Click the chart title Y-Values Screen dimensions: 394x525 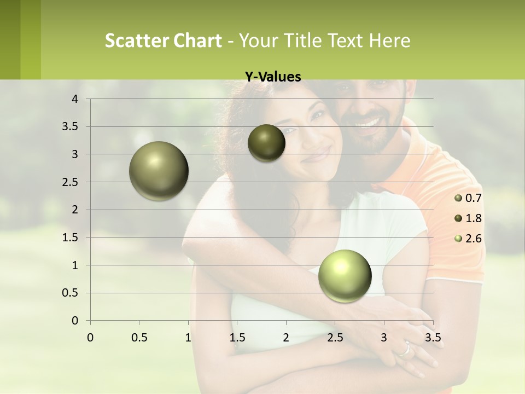pyautogui.click(x=272, y=77)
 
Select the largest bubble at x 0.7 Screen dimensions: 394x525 pyautogui.click(x=159, y=171)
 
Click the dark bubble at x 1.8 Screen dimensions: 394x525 pyautogui.click(x=266, y=143)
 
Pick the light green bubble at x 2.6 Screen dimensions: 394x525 pyautogui.click(x=345, y=276)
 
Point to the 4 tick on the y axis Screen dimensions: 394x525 pyautogui.click(x=75, y=99)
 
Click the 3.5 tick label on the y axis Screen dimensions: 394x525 pyautogui.click(x=71, y=126)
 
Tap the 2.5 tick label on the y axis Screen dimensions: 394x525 pyautogui.click(x=71, y=182)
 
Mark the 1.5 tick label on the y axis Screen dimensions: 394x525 pyautogui.click(x=71, y=237)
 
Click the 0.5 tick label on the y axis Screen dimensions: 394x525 pyautogui.click(x=71, y=293)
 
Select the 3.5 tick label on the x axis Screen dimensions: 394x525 pyautogui.click(x=433, y=338)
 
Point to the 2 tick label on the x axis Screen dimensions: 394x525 pyautogui.click(x=286, y=338)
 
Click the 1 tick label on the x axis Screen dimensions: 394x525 pyautogui.click(x=188, y=338)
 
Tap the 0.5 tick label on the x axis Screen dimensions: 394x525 pyautogui.click(x=139, y=338)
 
